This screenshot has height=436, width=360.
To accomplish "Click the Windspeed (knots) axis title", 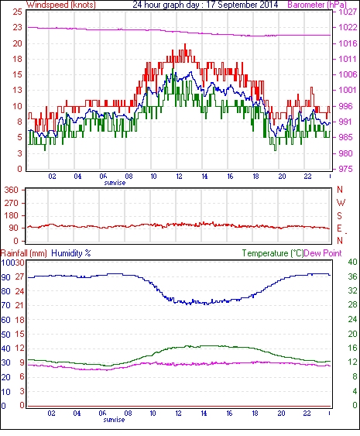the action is tap(61, 5).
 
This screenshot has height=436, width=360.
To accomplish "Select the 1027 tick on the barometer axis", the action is tap(348, 12).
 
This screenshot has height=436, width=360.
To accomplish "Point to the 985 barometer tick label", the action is tap(345, 137).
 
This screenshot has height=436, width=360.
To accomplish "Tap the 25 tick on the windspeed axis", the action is tap(18, 12).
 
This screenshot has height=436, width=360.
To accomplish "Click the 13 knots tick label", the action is tap(18, 90).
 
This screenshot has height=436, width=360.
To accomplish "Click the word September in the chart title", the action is tap(238, 5).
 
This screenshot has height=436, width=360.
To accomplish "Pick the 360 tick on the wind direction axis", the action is tap(12, 191).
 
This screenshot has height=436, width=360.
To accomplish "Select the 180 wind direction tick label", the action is tap(12, 215).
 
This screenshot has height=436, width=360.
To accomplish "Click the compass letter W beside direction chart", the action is tap(341, 203).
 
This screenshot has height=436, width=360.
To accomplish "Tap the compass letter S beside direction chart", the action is tap(339, 216).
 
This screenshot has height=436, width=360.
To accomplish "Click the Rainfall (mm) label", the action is tap(24, 253).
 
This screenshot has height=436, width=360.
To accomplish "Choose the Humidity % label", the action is tap(71, 253).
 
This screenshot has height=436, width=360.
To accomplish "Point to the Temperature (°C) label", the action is tap(273, 253).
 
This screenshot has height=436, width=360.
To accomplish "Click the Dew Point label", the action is tap(323, 253).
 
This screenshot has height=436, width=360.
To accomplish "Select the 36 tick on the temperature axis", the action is tap(352, 276).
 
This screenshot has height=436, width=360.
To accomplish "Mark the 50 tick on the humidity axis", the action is tap(6, 335).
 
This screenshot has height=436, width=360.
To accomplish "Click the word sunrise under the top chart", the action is tap(115, 183).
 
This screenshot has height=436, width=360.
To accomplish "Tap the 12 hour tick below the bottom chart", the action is tap(178, 414).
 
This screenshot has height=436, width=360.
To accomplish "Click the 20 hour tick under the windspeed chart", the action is tap(282, 177).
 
